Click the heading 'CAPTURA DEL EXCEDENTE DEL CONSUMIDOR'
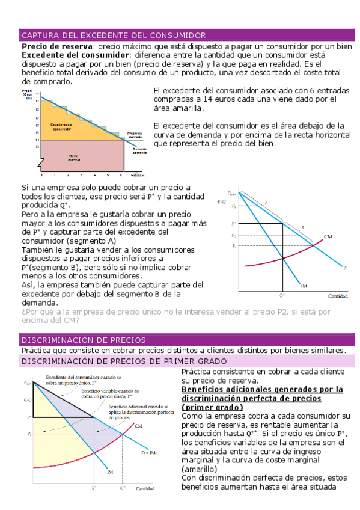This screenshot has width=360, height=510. point(114,35)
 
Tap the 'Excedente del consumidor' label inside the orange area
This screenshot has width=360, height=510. point(63,126)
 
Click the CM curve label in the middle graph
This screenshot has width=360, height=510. point(328,235)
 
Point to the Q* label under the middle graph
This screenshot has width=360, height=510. point(282,296)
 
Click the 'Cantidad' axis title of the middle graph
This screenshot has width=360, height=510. point(338,296)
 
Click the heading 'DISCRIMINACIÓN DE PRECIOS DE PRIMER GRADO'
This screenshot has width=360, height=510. point(123,361)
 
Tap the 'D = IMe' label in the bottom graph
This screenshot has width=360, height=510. point(148,450)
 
